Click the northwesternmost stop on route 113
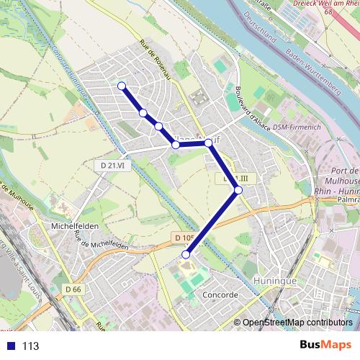[122, 86]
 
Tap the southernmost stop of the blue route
[186, 254]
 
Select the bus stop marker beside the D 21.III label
[238, 190]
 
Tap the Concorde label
[220, 295]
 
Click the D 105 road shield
[184, 236]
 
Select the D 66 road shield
[73, 289]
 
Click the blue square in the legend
[10, 346]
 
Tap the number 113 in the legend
[30, 346]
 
